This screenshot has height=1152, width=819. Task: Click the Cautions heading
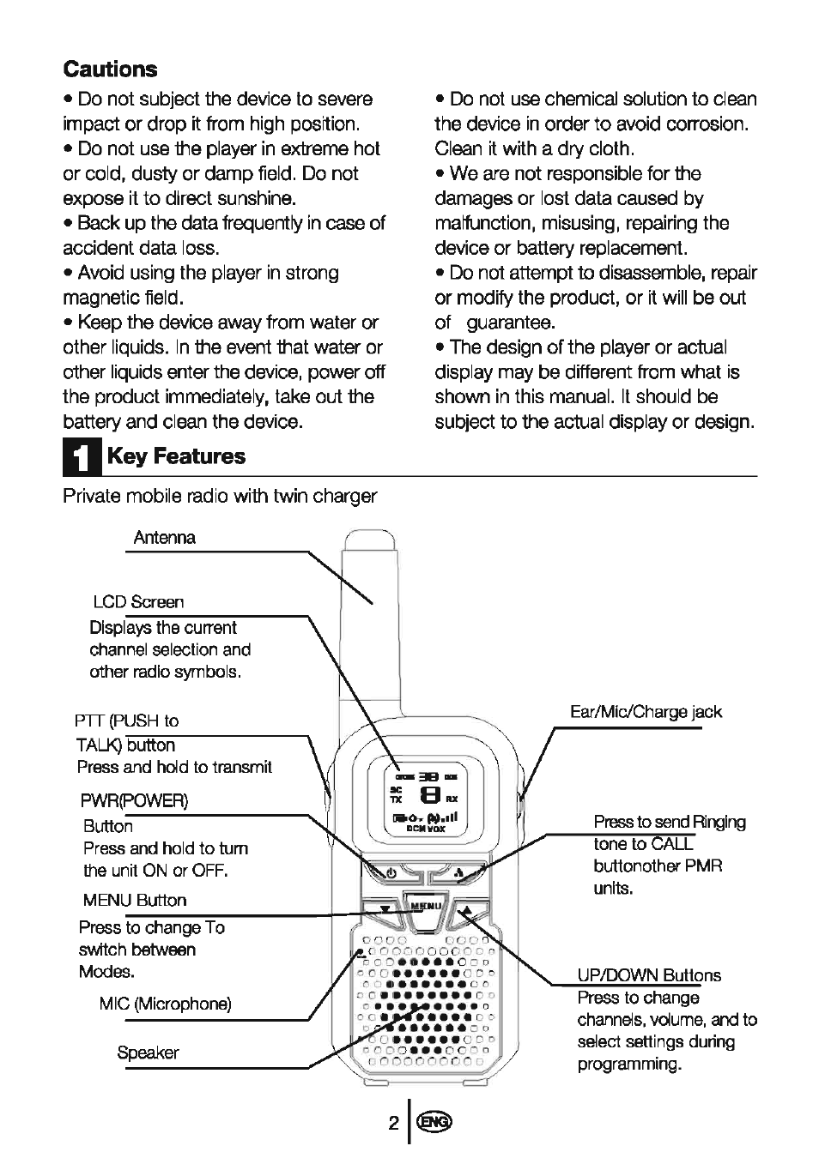coord(110,69)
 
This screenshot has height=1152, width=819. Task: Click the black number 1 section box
coord(82,456)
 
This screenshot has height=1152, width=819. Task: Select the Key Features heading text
coord(176,456)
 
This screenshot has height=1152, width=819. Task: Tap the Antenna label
coord(165,538)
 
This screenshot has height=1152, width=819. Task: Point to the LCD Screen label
coord(138,602)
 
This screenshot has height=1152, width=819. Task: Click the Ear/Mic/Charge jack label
coord(646,712)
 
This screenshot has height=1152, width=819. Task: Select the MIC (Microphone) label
coord(165,1004)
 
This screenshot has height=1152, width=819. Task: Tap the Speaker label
coord(148,1052)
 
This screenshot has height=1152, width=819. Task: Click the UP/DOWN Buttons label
coord(649,975)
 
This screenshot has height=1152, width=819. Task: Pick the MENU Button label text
coord(135,901)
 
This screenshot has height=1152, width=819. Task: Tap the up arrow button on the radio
coord(467,911)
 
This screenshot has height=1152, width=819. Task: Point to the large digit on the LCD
coord(430,795)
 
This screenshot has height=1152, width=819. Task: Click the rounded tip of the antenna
coord(370,540)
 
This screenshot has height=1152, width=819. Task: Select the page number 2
coord(393,1123)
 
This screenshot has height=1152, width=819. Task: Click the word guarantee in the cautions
coord(511,323)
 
